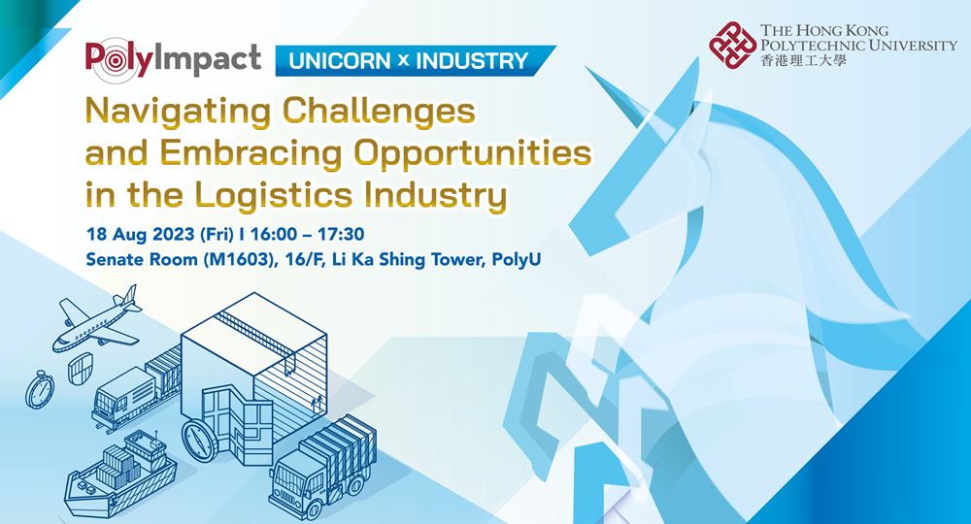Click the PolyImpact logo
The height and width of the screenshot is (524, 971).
coord(174,60)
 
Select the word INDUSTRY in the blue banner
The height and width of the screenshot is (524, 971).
coord(472,60)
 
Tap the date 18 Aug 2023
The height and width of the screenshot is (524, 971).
coord(141,235)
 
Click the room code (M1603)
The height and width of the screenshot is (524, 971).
coord(240,259)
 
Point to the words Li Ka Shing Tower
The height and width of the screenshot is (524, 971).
coord(407,259)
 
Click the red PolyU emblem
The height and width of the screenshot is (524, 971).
coord(732,45)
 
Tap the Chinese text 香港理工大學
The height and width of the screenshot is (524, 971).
coord(803,60)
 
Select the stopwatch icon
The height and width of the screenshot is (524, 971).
coord(40,390)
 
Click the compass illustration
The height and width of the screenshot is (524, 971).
coord(199,440)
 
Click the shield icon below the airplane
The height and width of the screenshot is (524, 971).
coord(81,368)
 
